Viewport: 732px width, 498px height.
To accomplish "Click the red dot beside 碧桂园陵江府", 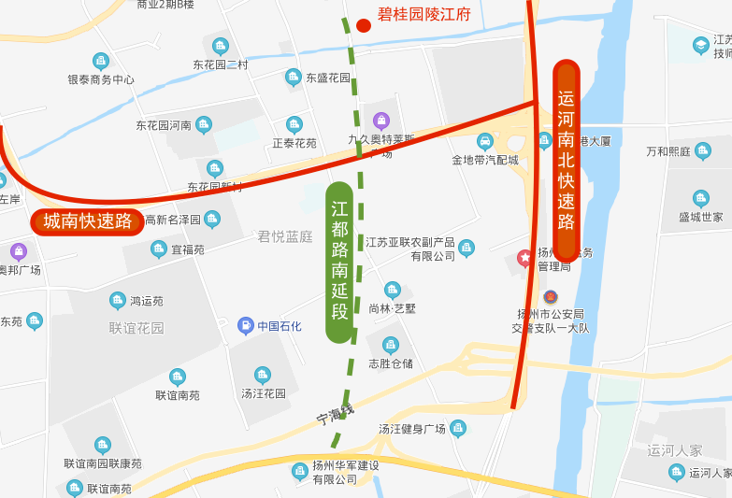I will click(363, 24).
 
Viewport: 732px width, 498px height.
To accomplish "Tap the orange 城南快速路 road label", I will click(86, 221).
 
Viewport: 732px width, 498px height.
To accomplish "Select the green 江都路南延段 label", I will click(340, 261).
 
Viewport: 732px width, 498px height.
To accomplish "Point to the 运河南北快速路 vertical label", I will click(567, 160).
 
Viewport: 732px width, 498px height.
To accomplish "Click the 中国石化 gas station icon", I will click(246, 325).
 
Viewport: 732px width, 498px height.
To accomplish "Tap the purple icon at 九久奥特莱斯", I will click(382, 121).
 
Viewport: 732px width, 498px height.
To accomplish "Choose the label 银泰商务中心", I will click(101, 80).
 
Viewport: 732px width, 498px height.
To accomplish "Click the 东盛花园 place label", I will click(327, 78).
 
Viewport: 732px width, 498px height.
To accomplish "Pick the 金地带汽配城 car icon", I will click(485, 141).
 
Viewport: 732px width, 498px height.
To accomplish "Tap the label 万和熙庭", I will click(668, 151).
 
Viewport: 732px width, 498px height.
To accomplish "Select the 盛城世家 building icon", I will click(701, 198).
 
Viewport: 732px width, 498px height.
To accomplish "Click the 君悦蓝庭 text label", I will click(285, 236).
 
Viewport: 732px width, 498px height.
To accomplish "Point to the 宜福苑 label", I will click(187, 249).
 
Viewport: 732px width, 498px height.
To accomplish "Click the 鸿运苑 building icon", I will click(117, 301).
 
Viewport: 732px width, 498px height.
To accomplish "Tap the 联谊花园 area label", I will click(136, 328).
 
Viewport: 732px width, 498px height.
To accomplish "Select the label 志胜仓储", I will click(391, 363).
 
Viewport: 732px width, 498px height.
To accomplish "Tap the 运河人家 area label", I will click(674, 450).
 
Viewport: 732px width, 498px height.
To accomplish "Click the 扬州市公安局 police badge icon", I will click(549, 296).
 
